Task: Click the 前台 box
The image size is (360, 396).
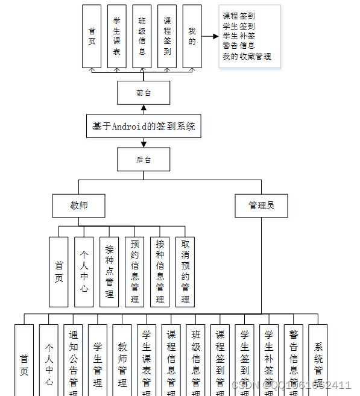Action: click(144, 93)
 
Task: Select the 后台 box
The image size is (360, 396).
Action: click(144, 159)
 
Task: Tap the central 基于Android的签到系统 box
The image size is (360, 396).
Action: click(144, 127)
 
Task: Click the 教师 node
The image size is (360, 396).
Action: click(79, 206)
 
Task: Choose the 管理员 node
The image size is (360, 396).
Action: click(261, 206)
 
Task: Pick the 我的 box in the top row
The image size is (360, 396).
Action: click(192, 36)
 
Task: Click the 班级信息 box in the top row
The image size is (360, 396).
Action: click(142, 36)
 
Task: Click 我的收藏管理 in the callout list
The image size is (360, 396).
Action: click(247, 56)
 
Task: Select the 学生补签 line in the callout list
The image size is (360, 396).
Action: click(238, 36)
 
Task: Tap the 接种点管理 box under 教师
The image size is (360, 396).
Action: click(109, 271)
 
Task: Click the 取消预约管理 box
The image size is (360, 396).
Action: click(185, 271)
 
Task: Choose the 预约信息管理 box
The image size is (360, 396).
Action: click(135, 271)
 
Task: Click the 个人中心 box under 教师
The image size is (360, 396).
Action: click(84, 271)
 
